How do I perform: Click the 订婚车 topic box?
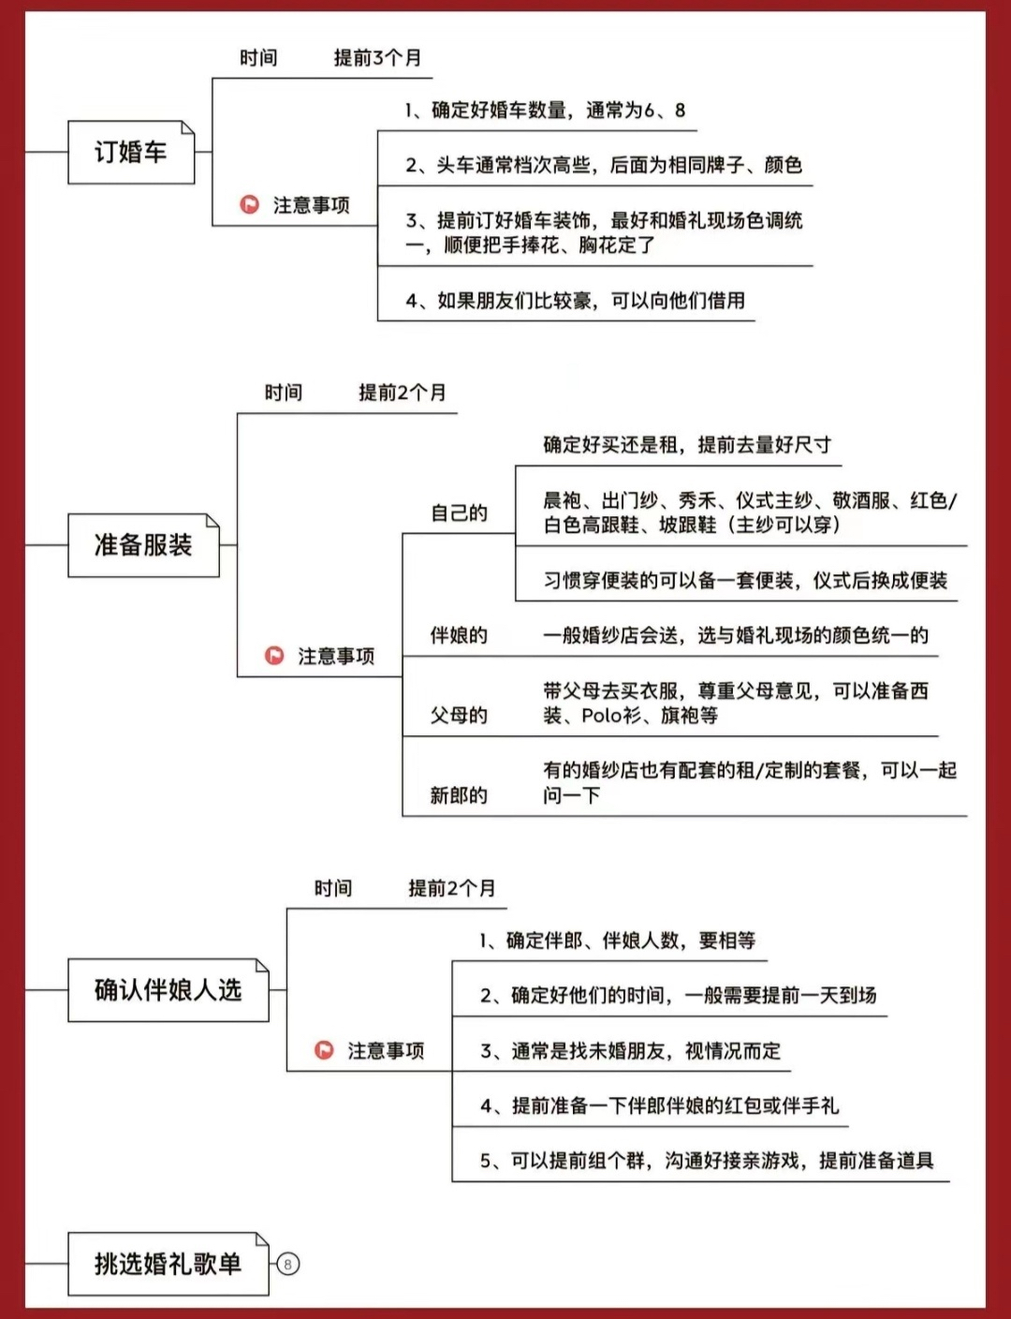pos(131,152)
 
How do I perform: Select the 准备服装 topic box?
pos(144,545)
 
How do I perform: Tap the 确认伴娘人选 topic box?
pos(168,990)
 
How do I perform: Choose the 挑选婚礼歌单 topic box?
pos(168,1264)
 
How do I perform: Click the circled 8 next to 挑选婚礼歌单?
pos(288,1265)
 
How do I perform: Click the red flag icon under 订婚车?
pos(249,204)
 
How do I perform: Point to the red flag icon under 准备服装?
pos(274,656)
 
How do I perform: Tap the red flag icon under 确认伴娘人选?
pos(324,1050)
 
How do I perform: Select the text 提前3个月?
pos(377,58)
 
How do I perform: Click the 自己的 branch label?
pos(459,513)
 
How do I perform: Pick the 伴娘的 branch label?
pos(459,635)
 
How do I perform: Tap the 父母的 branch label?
pos(459,715)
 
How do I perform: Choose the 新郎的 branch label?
pos(459,795)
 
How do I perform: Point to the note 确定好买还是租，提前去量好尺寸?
pos(687,445)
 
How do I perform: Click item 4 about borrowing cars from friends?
pos(575,301)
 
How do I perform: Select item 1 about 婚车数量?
pos(545,111)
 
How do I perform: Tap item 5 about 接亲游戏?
pos(707,1161)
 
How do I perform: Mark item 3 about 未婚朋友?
pos(631,1051)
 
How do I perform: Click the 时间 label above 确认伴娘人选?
pos(333,889)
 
